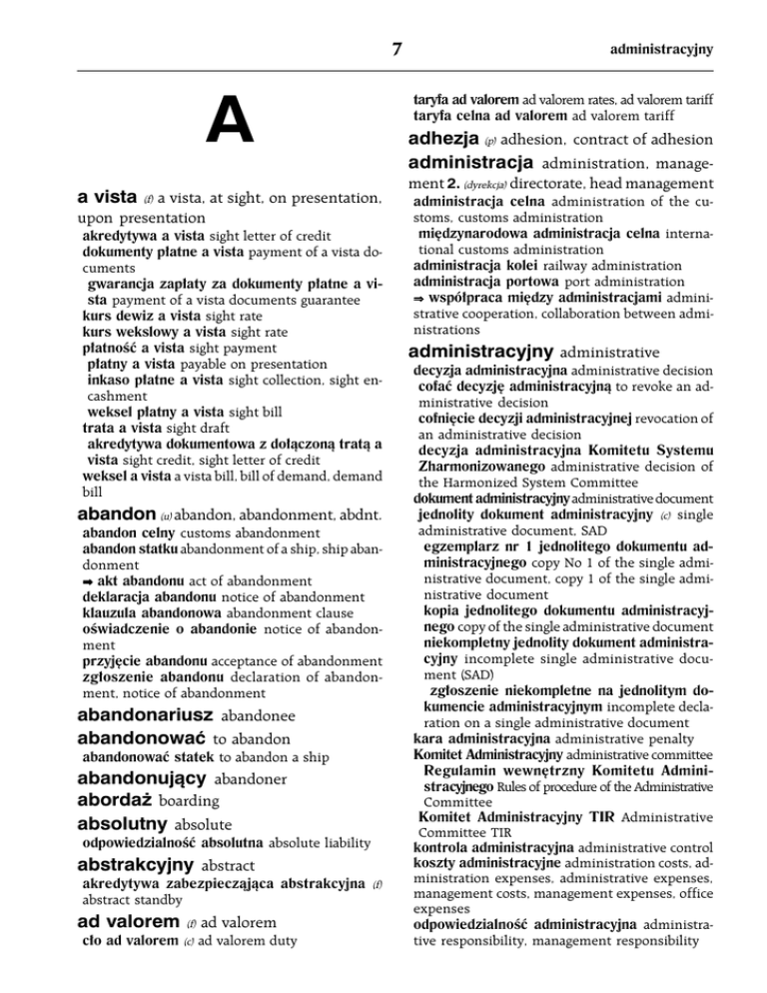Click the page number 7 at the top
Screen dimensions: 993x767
pos(397,47)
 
